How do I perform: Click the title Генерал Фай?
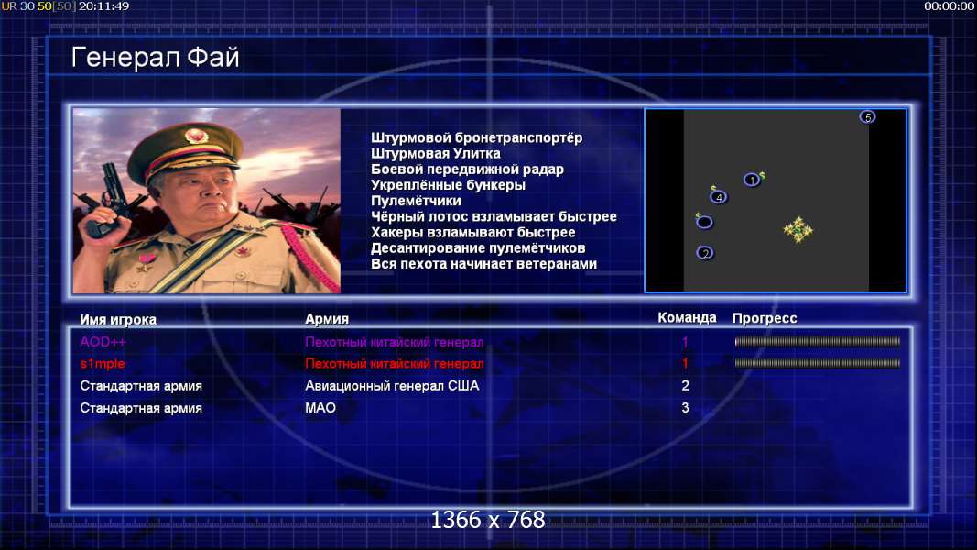tap(155, 58)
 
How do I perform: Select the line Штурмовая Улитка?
tap(436, 153)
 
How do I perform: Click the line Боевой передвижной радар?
tap(467, 170)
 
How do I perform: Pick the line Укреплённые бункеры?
tap(448, 185)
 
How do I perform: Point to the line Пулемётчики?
tap(416, 201)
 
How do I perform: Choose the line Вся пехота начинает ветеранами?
tap(483, 264)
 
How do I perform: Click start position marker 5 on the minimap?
tap(867, 117)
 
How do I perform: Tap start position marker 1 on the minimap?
tap(752, 181)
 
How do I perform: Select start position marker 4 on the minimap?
tap(719, 198)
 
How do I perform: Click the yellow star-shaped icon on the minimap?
tap(798, 230)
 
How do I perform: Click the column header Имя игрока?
tap(118, 319)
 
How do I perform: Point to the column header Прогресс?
tap(765, 318)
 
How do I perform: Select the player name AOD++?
tap(103, 342)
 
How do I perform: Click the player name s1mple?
tap(103, 364)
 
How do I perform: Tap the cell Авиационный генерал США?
tap(392, 386)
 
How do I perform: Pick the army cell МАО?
tap(320, 408)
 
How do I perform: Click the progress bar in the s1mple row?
tap(818, 363)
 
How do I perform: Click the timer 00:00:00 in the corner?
tap(950, 6)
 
